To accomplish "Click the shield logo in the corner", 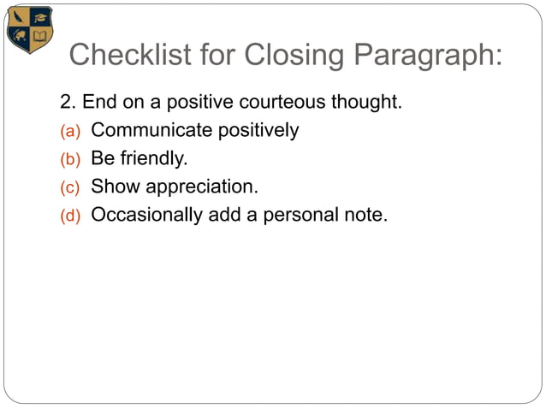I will coord(30,29).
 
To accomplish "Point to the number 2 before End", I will coord(66,103).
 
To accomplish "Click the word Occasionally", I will coord(146,215).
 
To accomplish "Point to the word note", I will coord(366,215).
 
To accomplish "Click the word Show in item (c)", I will coord(111,187).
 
